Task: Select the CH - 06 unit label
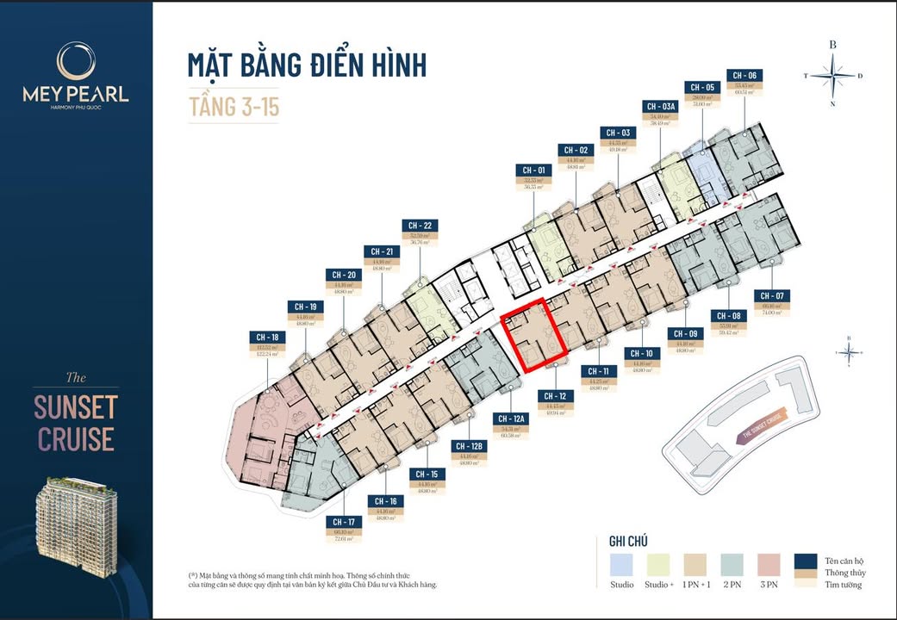click(x=744, y=76)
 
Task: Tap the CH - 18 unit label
click(x=267, y=337)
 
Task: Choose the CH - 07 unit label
click(x=772, y=296)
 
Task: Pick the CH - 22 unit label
click(x=420, y=226)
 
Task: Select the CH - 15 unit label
click(x=427, y=474)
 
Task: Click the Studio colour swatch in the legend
click(x=622, y=564)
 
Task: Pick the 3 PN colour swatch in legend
click(x=769, y=564)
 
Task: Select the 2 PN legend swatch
click(x=732, y=564)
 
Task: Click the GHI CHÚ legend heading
click(x=628, y=541)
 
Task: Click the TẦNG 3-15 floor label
click(x=234, y=107)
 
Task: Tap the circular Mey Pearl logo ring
click(x=76, y=62)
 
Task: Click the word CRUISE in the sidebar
click(x=75, y=439)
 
